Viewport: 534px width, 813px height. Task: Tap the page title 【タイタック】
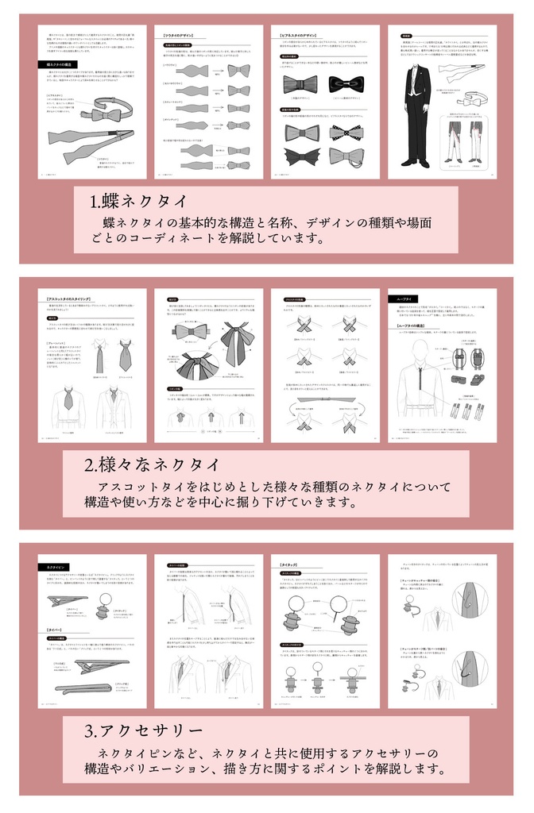(x=291, y=564)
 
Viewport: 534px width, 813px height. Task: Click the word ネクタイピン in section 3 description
(x=130, y=752)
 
